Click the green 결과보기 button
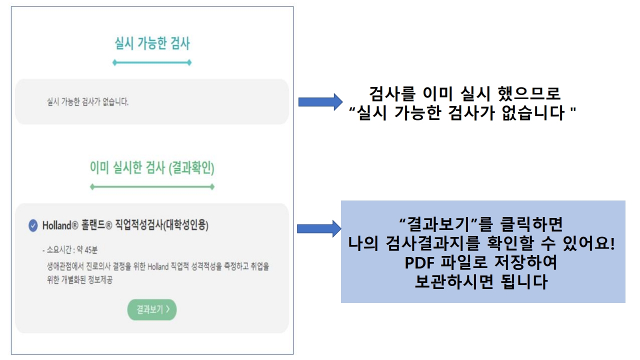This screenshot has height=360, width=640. pyautogui.click(x=151, y=309)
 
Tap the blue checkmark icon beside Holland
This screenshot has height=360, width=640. pyautogui.click(x=33, y=225)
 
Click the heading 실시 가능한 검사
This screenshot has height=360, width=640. pyautogui.click(x=152, y=43)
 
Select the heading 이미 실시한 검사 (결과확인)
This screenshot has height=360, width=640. pyautogui.click(x=152, y=167)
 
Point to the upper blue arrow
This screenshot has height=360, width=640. pyautogui.click(x=320, y=101)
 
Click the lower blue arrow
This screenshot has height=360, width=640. pyautogui.click(x=319, y=228)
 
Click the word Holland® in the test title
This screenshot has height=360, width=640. pyautogui.click(x=60, y=225)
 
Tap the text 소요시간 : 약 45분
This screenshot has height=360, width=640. pyautogui.click(x=70, y=249)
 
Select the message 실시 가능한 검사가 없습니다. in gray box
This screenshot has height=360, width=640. pyautogui.click(x=87, y=101)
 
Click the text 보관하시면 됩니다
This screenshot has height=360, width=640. pyautogui.click(x=481, y=282)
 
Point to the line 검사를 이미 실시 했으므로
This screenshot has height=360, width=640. pyautogui.click(x=464, y=93)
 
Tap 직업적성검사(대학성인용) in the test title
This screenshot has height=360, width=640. pyautogui.click(x=161, y=225)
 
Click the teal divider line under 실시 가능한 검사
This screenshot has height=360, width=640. pyautogui.click(x=152, y=62)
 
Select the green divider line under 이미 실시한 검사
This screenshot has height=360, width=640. pyautogui.click(x=152, y=187)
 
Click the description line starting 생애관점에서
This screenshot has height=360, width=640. pyautogui.click(x=158, y=266)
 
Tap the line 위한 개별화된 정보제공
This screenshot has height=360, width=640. pyautogui.click(x=79, y=279)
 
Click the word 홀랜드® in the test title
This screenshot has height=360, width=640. pyautogui.click(x=96, y=225)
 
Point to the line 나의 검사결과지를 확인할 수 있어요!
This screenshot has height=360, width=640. pyautogui.click(x=481, y=243)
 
